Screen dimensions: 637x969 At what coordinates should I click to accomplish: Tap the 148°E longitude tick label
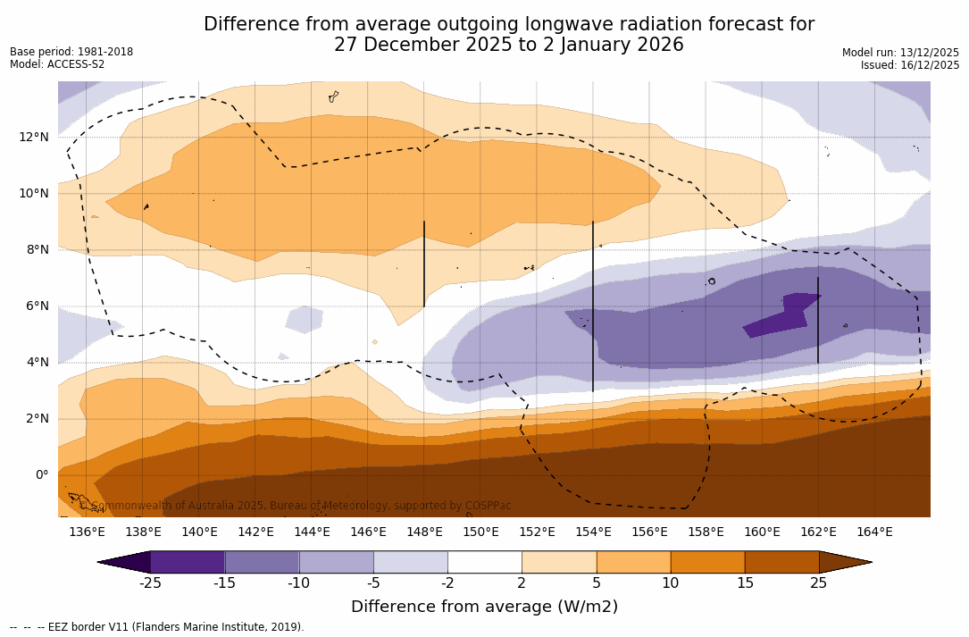424,532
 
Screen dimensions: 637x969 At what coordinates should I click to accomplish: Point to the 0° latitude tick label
41,474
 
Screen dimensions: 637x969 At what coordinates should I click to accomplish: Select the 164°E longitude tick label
874,532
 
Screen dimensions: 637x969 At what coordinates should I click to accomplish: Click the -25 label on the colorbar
150,583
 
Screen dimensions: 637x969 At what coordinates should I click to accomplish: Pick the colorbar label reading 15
745,583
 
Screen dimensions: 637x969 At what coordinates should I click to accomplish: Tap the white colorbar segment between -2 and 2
484,562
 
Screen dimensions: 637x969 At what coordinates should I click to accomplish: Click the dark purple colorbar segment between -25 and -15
188,562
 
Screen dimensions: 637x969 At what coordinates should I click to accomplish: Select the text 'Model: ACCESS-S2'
57,64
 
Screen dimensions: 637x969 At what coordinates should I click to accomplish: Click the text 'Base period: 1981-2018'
71,52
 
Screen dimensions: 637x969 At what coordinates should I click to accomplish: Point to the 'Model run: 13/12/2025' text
900,53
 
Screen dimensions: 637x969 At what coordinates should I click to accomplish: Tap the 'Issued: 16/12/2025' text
910,65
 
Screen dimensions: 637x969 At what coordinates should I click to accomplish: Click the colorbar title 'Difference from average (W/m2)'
484,607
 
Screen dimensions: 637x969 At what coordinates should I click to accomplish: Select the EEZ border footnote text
156,627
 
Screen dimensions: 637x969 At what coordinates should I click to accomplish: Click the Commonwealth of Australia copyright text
296,506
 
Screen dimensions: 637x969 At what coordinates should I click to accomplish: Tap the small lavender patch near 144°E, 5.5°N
305,319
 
